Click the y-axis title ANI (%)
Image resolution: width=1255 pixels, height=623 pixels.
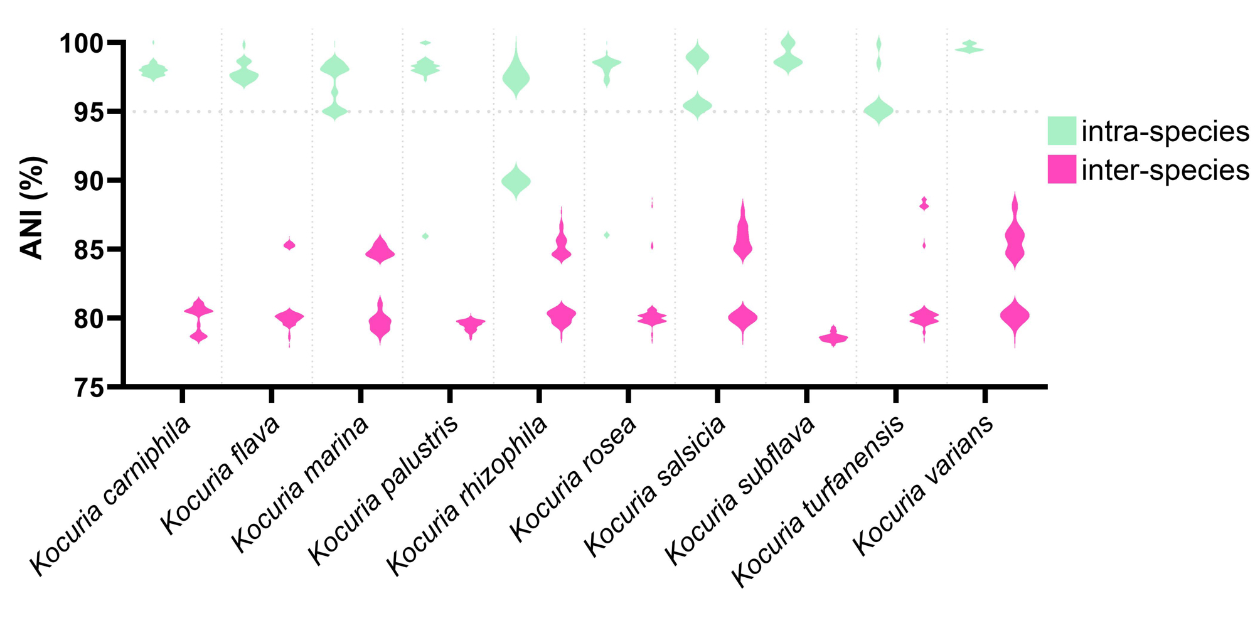[32, 208]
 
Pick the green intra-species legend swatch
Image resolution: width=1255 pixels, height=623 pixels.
[1062, 130]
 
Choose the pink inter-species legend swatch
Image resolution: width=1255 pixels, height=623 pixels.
[1062, 169]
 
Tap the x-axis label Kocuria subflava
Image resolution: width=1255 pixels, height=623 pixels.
[740, 489]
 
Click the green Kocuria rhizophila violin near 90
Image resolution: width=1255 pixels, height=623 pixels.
[516, 181]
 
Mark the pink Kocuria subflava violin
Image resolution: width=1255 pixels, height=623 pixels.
[833, 338]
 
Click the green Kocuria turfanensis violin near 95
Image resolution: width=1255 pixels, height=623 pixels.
[878, 111]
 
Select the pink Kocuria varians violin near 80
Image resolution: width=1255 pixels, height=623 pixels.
[1015, 316]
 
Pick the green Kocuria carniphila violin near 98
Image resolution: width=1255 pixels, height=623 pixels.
[153, 70]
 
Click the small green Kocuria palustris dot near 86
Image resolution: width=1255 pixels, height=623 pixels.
[425, 236]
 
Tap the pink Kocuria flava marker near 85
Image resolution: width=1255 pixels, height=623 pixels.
[289, 245]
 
